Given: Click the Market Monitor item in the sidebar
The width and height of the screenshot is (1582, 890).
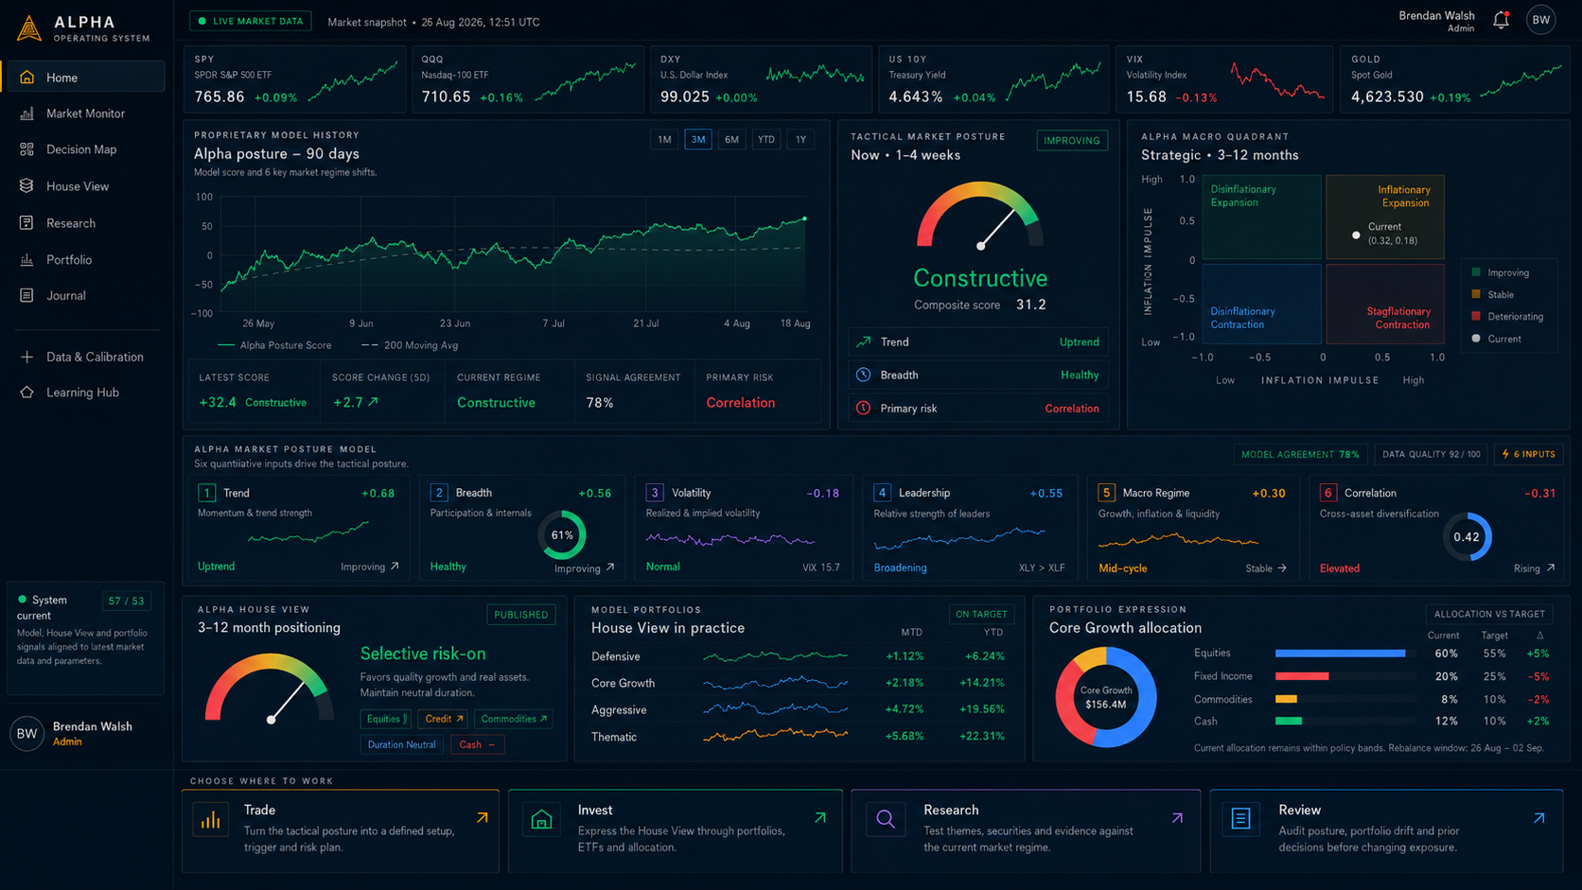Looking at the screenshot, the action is (x=85, y=113).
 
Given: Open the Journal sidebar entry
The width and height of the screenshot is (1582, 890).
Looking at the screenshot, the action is (x=65, y=296).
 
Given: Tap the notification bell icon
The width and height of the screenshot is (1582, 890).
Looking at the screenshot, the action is (x=1501, y=21).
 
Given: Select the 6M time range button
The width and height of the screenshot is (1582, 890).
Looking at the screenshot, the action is (x=731, y=140).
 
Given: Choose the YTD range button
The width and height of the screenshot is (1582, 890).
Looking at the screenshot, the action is (x=765, y=140).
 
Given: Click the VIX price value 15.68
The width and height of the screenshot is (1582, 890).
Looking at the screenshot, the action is (x=1146, y=96).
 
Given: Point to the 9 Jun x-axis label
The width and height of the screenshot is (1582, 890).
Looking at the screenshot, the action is (x=360, y=323).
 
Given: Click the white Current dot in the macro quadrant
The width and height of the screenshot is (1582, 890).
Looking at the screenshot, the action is (x=1355, y=235).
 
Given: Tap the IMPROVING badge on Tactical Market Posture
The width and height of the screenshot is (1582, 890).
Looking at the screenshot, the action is (x=1071, y=141).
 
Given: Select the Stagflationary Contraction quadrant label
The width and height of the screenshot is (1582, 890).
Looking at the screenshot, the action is (x=1397, y=318).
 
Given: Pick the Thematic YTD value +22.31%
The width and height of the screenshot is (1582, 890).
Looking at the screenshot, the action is (x=981, y=736).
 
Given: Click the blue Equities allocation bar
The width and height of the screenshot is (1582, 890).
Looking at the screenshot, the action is (x=1340, y=654).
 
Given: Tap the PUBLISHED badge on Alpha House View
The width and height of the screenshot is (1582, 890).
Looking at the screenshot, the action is (x=520, y=615).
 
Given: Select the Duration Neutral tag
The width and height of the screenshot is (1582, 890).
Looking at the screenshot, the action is (x=401, y=744).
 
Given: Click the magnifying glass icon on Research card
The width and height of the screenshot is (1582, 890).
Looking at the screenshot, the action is (x=886, y=819).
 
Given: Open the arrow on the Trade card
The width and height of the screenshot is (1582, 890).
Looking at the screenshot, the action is (x=483, y=818).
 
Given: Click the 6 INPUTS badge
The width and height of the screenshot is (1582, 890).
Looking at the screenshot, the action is (x=1528, y=455).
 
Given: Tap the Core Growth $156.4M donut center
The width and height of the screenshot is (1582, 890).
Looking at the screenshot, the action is (x=1106, y=697).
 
